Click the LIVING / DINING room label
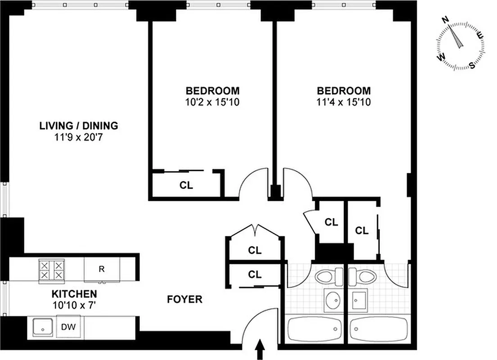click(78, 126)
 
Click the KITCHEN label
click(74, 294)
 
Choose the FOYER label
click(185, 299)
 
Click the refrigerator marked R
click(102, 270)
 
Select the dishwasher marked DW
click(68, 327)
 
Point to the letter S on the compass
click(472, 65)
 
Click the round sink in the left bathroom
click(333, 300)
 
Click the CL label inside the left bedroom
click(186, 185)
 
